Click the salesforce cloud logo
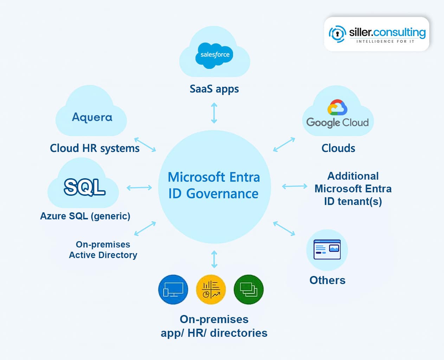(214, 55)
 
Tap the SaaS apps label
(214, 89)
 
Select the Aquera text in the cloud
(92, 117)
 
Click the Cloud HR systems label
(95, 148)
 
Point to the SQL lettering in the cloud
(85, 187)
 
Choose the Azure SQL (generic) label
(85, 216)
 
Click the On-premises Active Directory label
(103, 250)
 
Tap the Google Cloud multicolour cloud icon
(337, 108)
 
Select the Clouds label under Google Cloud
(338, 148)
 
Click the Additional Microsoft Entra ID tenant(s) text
(353, 189)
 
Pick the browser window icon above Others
(327, 250)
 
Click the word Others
(327, 280)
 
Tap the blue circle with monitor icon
(173, 290)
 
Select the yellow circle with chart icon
(211, 290)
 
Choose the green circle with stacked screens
(249, 290)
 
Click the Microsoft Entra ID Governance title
(214, 185)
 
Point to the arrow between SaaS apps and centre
(214, 113)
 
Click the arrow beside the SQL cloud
(139, 188)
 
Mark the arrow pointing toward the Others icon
(284, 229)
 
